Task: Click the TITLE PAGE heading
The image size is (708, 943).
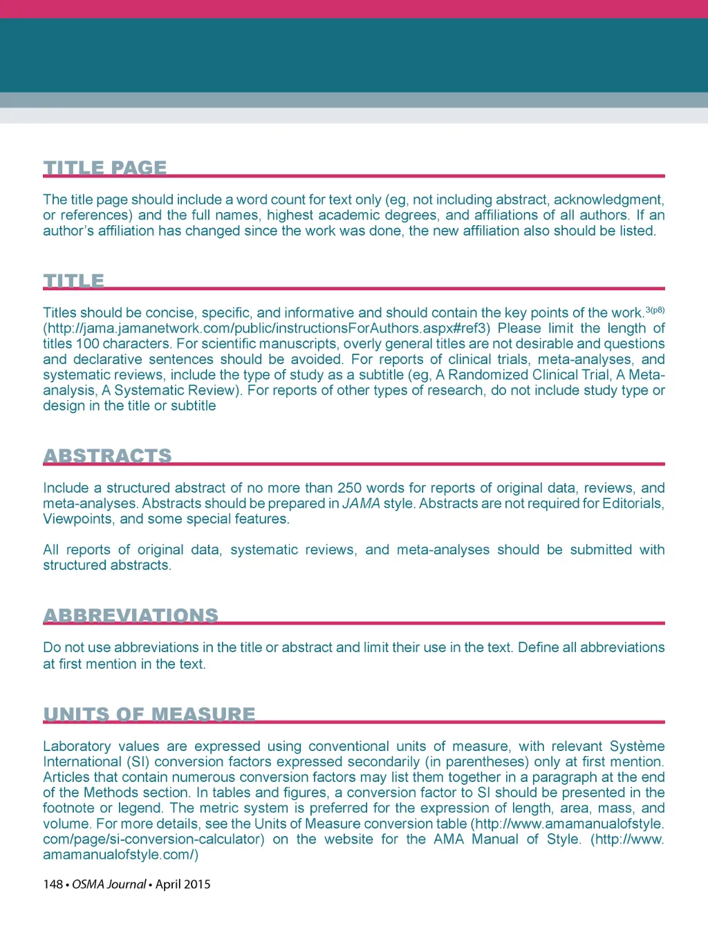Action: tap(105, 168)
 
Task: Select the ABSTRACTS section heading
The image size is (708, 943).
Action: tap(107, 456)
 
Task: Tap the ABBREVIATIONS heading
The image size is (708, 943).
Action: tap(131, 616)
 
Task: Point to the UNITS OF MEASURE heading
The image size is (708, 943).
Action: tap(149, 714)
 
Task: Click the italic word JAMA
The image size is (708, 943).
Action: tap(361, 504)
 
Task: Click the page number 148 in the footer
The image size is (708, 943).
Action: tap(53, 884)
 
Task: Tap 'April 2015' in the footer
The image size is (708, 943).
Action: tap(183, 884)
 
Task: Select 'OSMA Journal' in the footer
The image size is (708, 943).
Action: tap(109, 884)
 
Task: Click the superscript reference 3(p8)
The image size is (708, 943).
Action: tap(655, 310)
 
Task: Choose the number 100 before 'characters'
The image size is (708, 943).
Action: tap(88, 344)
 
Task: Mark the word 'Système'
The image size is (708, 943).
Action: tap(637, 747)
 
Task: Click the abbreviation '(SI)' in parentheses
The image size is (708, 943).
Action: tap(138, 762)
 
